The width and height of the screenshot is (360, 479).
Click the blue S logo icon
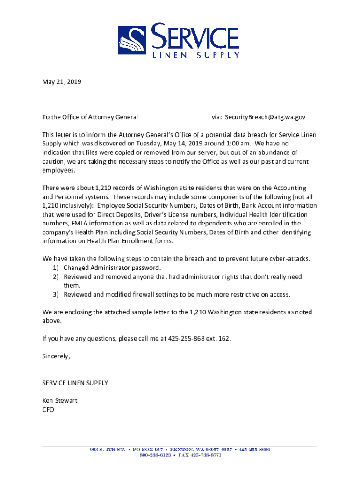tap(135, 40)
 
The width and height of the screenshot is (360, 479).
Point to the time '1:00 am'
tap(230, 143)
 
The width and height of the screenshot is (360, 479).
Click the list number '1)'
tap(55, 268)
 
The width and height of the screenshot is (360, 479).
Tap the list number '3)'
tap(55, 295)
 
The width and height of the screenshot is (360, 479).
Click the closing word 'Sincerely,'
tap(56, 356)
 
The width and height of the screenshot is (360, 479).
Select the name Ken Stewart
tap(60, 401)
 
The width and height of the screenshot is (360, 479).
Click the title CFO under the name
tap(48, 410)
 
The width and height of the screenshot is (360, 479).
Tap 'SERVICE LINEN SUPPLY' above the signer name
tap(75, 383)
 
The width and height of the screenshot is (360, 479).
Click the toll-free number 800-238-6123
tap(155, 455)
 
